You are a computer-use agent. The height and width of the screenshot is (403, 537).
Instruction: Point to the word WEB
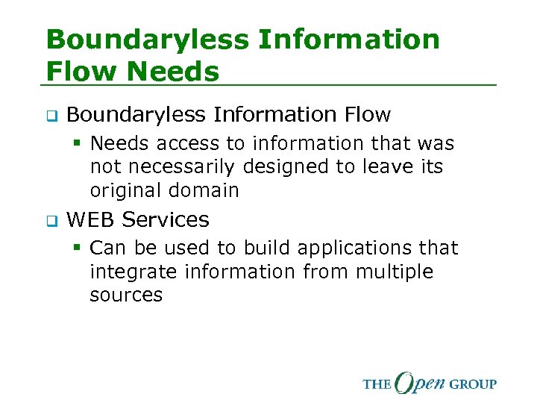click(x=91, y=219)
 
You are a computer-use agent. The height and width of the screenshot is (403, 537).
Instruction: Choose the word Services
click(x=166, y=219)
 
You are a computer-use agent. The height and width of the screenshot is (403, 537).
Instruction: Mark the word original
click(x=126, y=190)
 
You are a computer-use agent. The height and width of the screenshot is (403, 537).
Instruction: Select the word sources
click(x=126, y=295)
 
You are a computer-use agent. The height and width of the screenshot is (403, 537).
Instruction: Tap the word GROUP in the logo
click(x=472, y=384)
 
